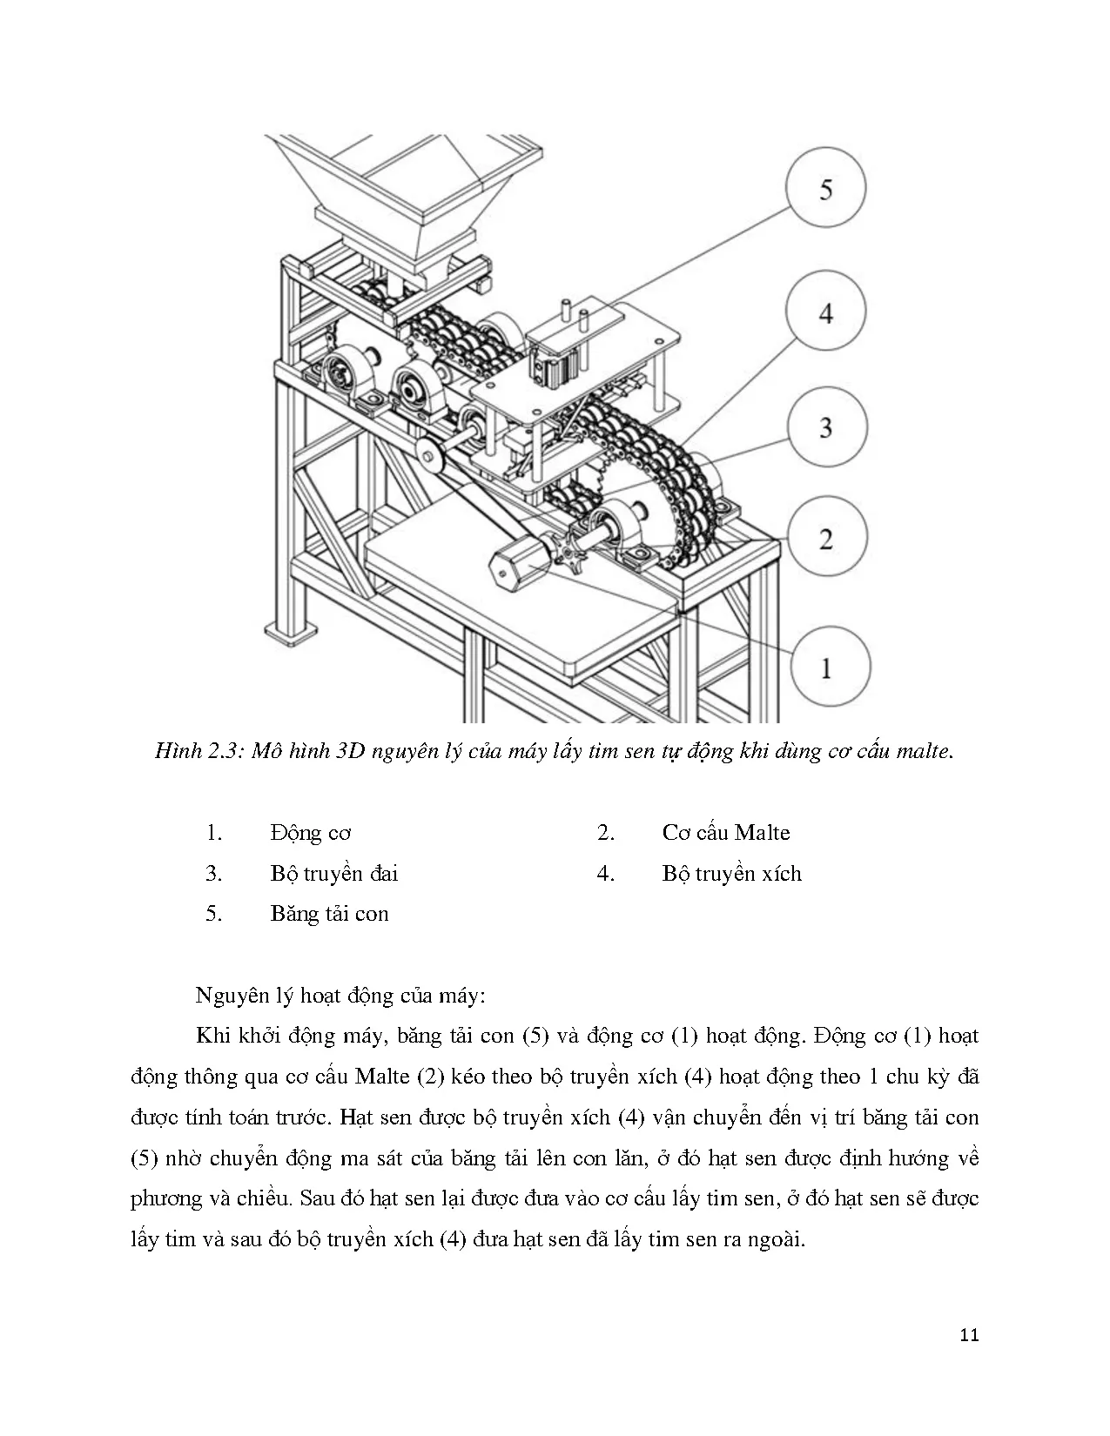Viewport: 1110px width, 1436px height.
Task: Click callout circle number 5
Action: click(x=825, y=189)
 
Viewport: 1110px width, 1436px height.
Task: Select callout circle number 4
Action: click(x=825, y=312)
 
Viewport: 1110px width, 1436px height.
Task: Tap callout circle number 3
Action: click(x=825, y=427)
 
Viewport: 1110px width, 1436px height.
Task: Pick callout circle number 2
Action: click(x=825, y=539)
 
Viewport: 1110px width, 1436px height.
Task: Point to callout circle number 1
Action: click(x=825, y=668)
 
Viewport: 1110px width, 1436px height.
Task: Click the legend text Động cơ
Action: click(x=311, y=833)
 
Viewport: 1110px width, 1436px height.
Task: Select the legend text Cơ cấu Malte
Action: click(x=725, y=833)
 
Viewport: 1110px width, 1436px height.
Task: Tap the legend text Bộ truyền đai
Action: click(x=334, y=873)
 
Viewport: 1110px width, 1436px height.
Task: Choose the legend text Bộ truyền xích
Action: click(x=731, y=873)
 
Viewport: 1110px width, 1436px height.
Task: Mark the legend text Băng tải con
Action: click(x=329, y=914)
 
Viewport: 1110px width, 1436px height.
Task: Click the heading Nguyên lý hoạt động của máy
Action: click(x=339, y=995)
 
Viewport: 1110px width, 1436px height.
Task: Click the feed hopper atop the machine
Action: click(x=409, y=187)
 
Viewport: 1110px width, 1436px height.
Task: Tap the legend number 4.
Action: click(x=606, y=873)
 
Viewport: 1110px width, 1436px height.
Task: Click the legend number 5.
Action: click(x=214, y=914)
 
